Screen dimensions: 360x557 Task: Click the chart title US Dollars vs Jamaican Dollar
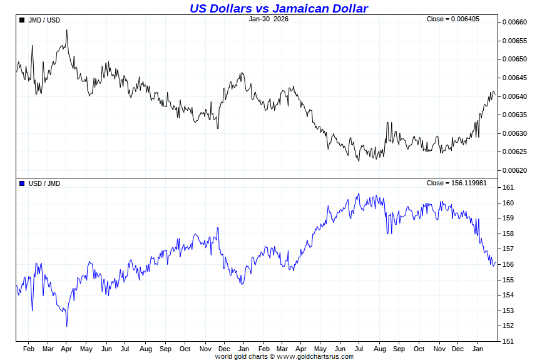[x=278, y=8]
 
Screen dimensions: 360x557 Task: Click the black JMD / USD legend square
[x=22, y=20]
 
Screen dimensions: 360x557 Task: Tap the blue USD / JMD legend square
[x=22, y=183]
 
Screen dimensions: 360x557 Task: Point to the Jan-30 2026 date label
[x=268, y=19]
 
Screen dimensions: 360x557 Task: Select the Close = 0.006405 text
[x=453, y=19]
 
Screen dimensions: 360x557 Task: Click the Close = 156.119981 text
[x=456, y=183]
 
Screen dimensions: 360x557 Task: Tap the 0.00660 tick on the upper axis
[x=514, y=23]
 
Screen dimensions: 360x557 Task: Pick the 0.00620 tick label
[x=514, y=170]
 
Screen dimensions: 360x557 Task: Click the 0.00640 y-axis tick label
[x=514, y=96]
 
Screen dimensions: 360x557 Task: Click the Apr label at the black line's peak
[x=66, y=349]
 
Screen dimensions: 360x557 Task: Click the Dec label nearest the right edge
[x=457, y=349]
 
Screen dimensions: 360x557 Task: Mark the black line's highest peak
[x=66, y=30]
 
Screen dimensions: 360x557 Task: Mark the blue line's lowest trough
[x=66, y=326]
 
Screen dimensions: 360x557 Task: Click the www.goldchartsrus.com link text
[x=315, y=356]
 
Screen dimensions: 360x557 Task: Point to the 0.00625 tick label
[x=514, y=152]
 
